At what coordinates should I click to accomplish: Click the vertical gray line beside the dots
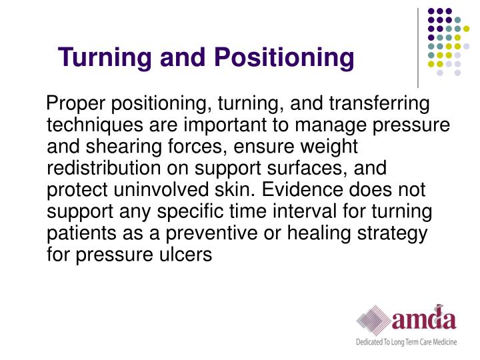coord(418,47)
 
